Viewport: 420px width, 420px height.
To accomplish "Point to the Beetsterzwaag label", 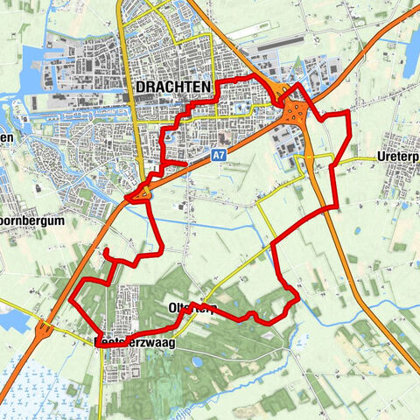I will point(135,344).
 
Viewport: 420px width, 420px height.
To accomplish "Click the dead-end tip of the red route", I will point(105,252).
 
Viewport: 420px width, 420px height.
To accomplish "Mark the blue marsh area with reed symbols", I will point(35,385).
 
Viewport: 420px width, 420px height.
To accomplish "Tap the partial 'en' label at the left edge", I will point(6,138).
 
